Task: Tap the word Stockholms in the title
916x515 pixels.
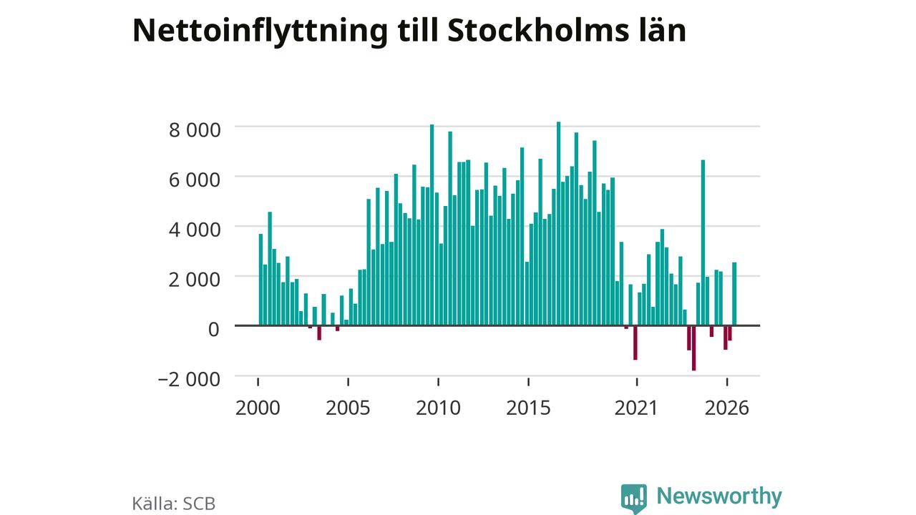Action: (539, 30)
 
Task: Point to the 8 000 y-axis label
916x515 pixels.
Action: (195, 130)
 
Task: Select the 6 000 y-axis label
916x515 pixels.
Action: (195, 180)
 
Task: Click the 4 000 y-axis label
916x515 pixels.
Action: (195, 230)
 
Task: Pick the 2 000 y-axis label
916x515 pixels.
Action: (195, 280)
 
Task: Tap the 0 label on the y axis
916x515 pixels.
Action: (214, 330)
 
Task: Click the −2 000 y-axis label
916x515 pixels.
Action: (189, 379)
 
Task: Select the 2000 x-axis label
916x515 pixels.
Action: (258, 408)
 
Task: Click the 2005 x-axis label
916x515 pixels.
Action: (348, 408)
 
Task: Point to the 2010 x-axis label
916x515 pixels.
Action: (439, 408)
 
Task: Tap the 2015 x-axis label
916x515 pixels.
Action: (528, 408)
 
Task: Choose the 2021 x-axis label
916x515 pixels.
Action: (636, 408)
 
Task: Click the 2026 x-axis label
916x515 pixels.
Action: (726, 408)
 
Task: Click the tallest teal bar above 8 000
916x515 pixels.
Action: (559, 224)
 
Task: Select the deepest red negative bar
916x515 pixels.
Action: (694, 348)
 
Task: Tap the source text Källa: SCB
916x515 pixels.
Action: (174, 504)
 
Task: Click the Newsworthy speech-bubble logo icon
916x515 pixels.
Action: (634, 499)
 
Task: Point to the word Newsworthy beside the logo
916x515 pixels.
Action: (719, 496)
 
